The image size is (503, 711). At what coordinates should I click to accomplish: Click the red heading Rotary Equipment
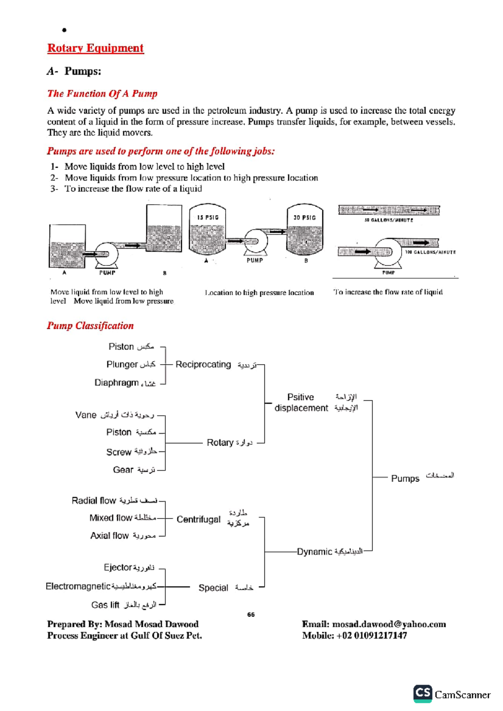pos(95,48)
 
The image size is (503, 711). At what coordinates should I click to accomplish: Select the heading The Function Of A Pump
pos(102,93)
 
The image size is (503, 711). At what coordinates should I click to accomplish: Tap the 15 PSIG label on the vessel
pos(208,217)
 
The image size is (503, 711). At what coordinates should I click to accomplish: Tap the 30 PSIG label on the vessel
pos(305,217)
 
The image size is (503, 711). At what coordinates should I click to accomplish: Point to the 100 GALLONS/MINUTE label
pos(430,252)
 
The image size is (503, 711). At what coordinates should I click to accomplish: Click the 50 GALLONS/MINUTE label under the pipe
pos(389,220)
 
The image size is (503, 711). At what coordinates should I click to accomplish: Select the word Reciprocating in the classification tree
pos(203,364)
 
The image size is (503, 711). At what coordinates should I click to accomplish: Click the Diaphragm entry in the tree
pos(117,383)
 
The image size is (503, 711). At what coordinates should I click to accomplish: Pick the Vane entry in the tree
pos(86,415)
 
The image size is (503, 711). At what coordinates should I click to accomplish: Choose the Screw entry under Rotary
pos(119,452)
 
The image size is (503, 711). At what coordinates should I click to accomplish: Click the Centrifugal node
pos(198,519)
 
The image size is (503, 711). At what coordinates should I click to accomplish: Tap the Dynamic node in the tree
pos(314,552)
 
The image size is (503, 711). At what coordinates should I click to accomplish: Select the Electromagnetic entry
pos(78,586)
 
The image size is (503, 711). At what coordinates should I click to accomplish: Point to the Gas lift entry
pos(105,605)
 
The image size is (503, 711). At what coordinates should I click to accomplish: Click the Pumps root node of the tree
pos(405,479)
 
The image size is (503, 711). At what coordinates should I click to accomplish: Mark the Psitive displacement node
pos(301,402)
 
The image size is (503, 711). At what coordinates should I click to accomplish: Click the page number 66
pos(251,615)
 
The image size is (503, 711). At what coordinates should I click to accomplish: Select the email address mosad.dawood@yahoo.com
pos(389,624)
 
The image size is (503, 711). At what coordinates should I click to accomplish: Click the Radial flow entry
pos(93,501)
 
